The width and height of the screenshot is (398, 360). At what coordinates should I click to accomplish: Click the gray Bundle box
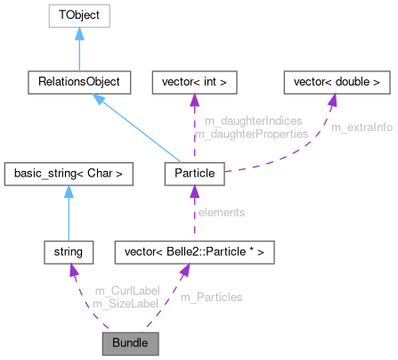click(x=130, y=341)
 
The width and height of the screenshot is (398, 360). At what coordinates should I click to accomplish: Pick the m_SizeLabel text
click(x=125, y=304)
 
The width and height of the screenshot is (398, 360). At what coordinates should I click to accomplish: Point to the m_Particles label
click(x=211, y=297)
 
